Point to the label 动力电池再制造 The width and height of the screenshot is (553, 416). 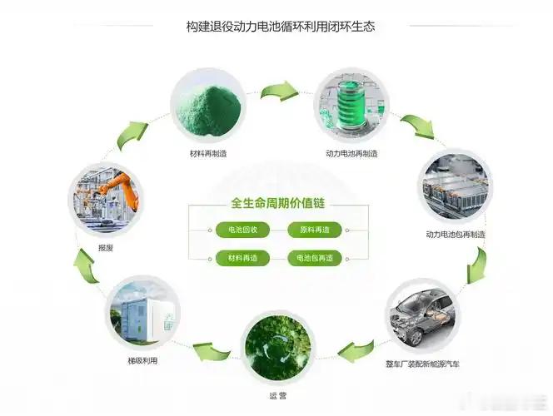(x=351, y=154)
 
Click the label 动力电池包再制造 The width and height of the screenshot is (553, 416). (x=455, y=235)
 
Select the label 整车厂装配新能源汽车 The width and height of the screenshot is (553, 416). (x=423, y=364)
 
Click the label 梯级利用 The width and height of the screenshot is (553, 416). (x=142, y=360)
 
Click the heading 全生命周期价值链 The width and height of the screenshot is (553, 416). (x=276, y=204)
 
